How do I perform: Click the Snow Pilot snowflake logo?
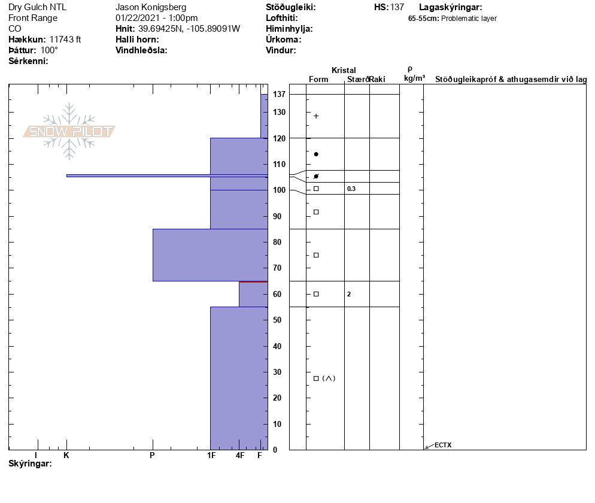[69, 131]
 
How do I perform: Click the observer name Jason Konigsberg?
[151, 7]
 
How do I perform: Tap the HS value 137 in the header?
[397, 7]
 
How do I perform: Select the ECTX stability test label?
[443, 445]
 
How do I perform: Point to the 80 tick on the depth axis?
[277, 242]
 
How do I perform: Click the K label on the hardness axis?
[66, 455]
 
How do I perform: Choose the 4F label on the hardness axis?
[240, 455]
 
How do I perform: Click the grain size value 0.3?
[351, 189]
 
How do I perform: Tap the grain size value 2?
[349, 294]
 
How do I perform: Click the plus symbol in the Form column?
[316, 116]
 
